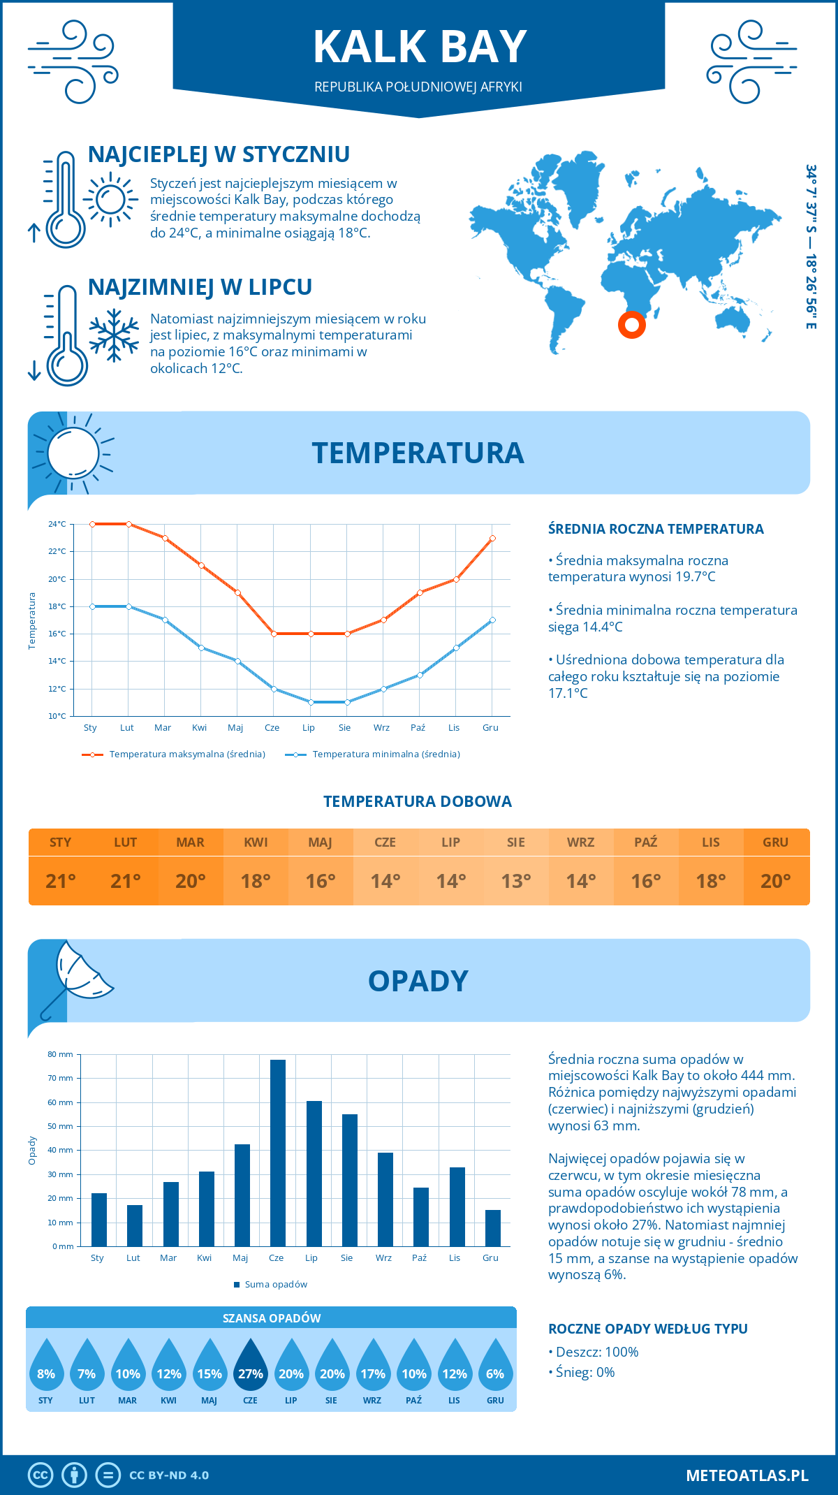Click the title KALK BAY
(419, 48)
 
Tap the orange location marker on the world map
(632, 324)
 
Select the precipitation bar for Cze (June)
(278, 1153)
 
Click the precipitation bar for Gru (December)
(493, 1227)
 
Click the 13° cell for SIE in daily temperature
(515, 881)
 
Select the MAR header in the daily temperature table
(191, 842)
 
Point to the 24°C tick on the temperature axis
(57, 524)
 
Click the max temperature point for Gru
(492, 538)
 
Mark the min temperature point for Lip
(311, 702)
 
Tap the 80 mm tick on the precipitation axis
(61, 1054)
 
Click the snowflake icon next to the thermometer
(114, 335)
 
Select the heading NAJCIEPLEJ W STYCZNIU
(219, 154)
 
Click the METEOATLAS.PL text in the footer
(747, 1475)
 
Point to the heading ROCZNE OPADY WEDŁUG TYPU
(647, 1329)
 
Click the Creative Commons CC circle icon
(41, 1475)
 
